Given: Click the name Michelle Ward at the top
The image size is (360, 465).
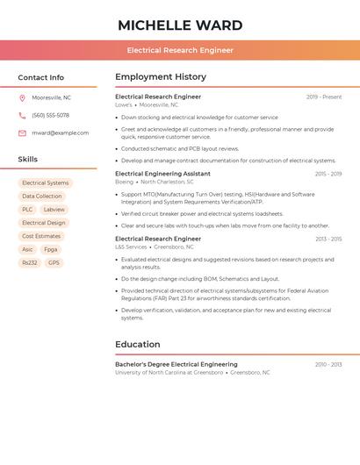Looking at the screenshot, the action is tap(180, 25).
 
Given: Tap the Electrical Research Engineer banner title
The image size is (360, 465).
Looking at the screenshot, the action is tap(180, 50).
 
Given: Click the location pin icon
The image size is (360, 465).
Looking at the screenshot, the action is tap(22, 98).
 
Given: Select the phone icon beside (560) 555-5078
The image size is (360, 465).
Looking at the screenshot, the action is tap(22, 116).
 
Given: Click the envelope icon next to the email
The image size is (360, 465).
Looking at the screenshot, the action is tap(22, 133).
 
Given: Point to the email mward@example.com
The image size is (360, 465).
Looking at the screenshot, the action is tap(60, 133).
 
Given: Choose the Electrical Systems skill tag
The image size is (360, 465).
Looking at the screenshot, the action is tap(45, 183).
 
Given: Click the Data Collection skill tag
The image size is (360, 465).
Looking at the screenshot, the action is tap(42, 197).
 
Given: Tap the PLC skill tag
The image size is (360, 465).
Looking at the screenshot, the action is tap(27, 210).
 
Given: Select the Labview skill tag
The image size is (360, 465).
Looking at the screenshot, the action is tap(54, 210).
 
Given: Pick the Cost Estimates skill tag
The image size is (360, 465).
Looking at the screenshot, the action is tap(41, 236).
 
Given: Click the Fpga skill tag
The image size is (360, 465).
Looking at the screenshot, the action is tap(50, 249).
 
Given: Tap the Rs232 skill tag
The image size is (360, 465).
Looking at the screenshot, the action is tap(30, 262).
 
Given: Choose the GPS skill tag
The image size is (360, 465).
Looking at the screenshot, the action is tap(54, 262).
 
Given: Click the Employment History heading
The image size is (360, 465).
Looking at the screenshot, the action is tap(161, 77).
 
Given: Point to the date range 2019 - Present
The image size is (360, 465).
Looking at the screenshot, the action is tap(323, 97).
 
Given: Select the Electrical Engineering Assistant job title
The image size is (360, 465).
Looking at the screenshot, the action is tap(162, 174).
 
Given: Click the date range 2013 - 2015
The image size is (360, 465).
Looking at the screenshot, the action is tap(328, 239).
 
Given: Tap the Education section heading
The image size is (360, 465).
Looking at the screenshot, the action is tap(138, 345).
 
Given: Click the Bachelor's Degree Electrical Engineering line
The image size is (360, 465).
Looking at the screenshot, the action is tap(176, 364).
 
